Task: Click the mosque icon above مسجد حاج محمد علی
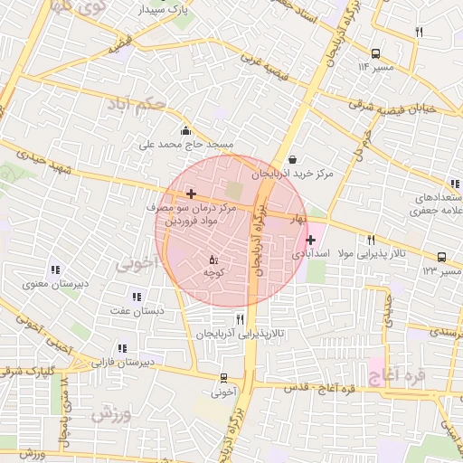[186, 130]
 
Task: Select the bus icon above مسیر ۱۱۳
[375, 53]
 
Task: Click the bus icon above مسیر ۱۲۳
[441, 257]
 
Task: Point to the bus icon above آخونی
[223, 378]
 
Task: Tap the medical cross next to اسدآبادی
[311, 240]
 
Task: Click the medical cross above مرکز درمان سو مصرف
[191, 194]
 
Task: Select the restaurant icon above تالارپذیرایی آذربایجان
[240, 318]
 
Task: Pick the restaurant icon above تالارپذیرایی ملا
[371, 240]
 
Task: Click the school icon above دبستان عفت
[137, 296]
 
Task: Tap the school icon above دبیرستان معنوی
[56, 269]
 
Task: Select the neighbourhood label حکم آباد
[136, 108]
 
